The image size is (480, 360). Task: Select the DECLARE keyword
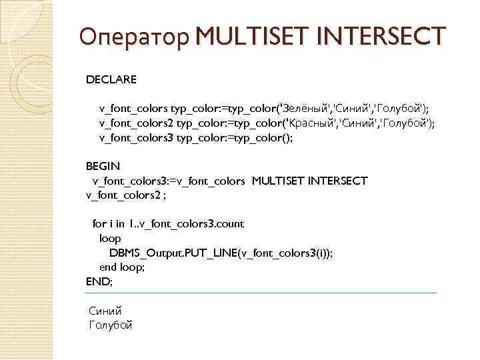coord(111,80)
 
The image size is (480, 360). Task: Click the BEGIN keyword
coord(103,165)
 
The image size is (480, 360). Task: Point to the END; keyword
coord(100,281)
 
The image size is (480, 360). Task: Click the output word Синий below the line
coord(105,311)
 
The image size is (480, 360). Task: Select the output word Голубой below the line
coord(111,325)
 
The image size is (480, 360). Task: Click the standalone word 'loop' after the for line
coord(110,238)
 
